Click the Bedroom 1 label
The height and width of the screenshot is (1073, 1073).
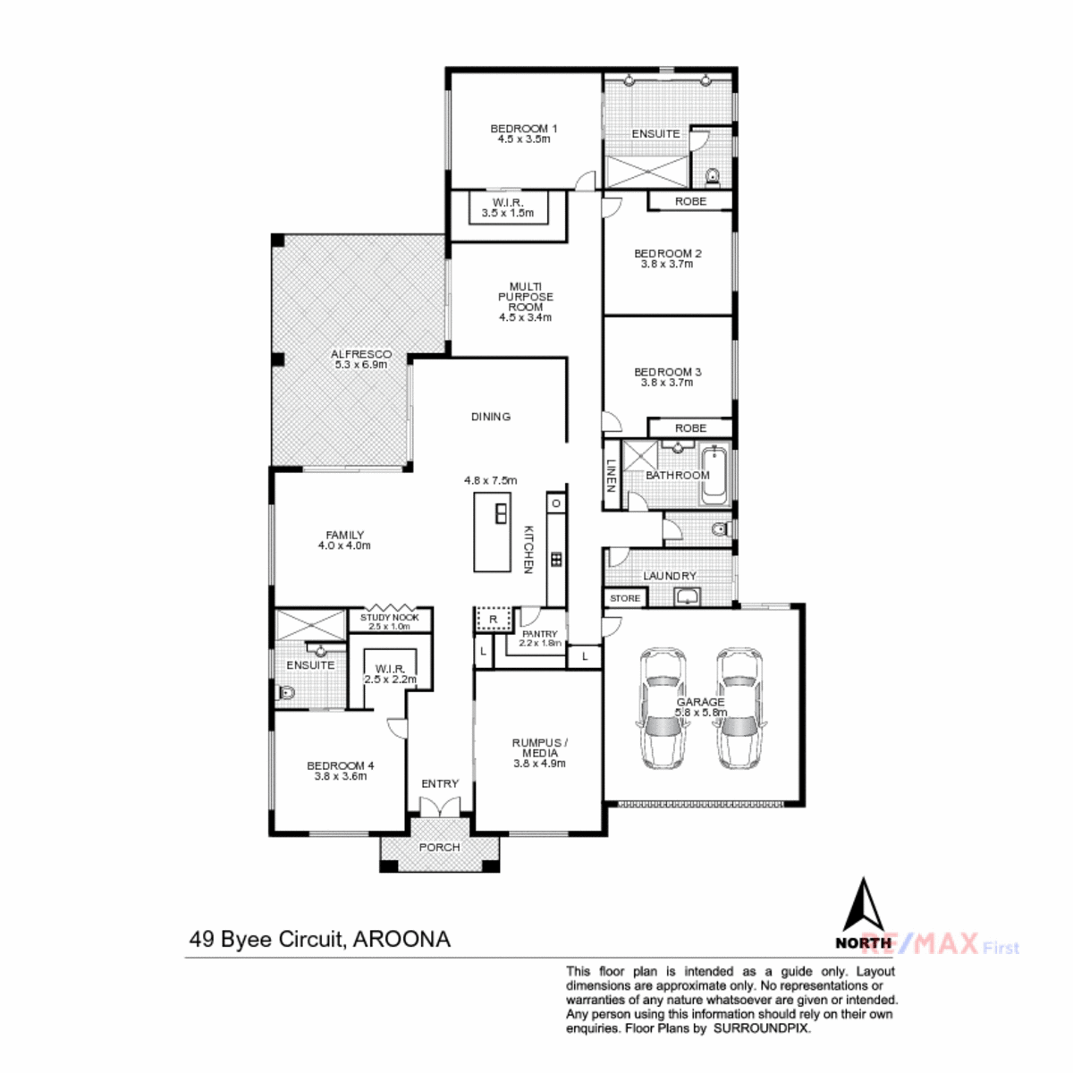523,129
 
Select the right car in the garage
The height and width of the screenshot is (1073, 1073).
738,708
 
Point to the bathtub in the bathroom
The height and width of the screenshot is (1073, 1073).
715,475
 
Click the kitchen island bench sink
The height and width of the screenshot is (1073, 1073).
501,513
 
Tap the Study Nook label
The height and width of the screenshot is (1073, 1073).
389,617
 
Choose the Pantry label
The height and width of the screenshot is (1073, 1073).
539,634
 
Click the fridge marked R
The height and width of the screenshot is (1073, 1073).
493,619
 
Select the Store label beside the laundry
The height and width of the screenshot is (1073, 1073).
625,598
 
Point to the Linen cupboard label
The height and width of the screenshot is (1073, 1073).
611,475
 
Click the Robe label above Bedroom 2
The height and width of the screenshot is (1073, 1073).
690,201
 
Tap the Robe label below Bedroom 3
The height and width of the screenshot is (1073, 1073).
690,427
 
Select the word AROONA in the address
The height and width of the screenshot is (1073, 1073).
401,939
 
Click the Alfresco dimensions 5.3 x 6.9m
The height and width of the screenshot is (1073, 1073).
361,365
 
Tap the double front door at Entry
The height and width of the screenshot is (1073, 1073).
440,806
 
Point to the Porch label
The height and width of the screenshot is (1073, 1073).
439,847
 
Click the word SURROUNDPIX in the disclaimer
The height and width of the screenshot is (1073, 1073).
762,1028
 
